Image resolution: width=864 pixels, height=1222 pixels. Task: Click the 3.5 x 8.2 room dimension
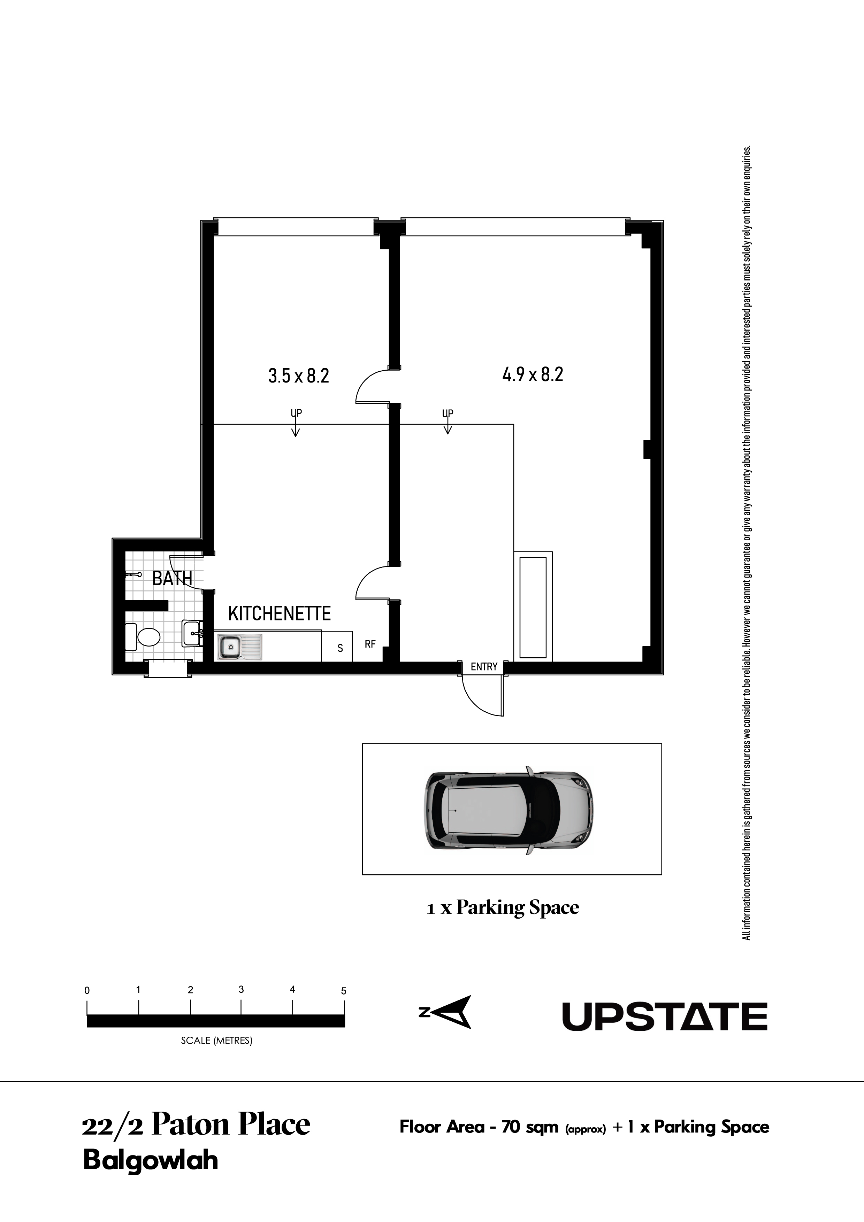pyautogui.click(x=299, y=376)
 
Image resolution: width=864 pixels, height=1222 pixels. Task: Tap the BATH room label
pyautogui.click(x=172, y=578)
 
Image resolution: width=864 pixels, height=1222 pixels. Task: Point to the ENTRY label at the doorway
pyautogui.click(x=484, y=666)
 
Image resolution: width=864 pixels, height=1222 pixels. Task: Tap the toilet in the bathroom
pyautogui.click(x=143, y=637)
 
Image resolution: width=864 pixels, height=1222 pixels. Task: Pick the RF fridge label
pyautogui.click(x=370, y=644)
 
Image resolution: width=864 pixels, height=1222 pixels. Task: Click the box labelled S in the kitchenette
pyautogui.click(x=337, y=646)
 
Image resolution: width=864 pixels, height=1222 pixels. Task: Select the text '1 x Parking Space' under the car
pyautogui.click(x=503, y=907)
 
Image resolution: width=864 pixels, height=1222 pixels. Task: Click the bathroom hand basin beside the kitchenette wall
pyautogui.click(x=192, y=633)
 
